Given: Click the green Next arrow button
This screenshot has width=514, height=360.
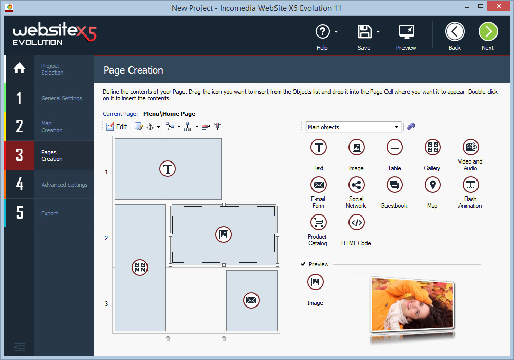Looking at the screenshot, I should (x=488, y=32).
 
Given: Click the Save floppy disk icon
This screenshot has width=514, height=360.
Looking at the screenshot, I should (x=364, y=32).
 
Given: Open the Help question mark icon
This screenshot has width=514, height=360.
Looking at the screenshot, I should (x=322, y=32).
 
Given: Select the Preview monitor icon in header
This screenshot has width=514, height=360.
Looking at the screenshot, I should (x=407, y=32).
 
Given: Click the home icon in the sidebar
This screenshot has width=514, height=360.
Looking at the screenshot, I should (x=19, y=68).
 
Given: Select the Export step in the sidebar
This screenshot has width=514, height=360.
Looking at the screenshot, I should (x=50, y=213).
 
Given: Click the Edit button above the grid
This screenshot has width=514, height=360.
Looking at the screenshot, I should (x=117, y=127).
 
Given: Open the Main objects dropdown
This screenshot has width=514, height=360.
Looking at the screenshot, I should (x=354, y=127).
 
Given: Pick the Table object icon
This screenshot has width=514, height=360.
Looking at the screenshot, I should (x=394, y=147).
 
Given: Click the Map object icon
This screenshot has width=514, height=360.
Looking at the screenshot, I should (x=432, y=185).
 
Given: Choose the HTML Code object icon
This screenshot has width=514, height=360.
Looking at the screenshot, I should (x=356, y=222).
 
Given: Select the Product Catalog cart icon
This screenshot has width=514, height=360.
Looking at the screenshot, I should (x=318, y=222).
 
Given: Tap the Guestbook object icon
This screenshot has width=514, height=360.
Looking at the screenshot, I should (x=394, y=185).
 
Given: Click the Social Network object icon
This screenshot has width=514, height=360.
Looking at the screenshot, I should (x=356, y=185).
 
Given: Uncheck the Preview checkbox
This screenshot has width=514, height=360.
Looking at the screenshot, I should (x=303, y=264).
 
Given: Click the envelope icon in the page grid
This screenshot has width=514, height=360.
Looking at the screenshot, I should (x=251, y=300).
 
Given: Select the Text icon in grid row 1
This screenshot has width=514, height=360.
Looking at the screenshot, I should (x=168, y=169).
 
